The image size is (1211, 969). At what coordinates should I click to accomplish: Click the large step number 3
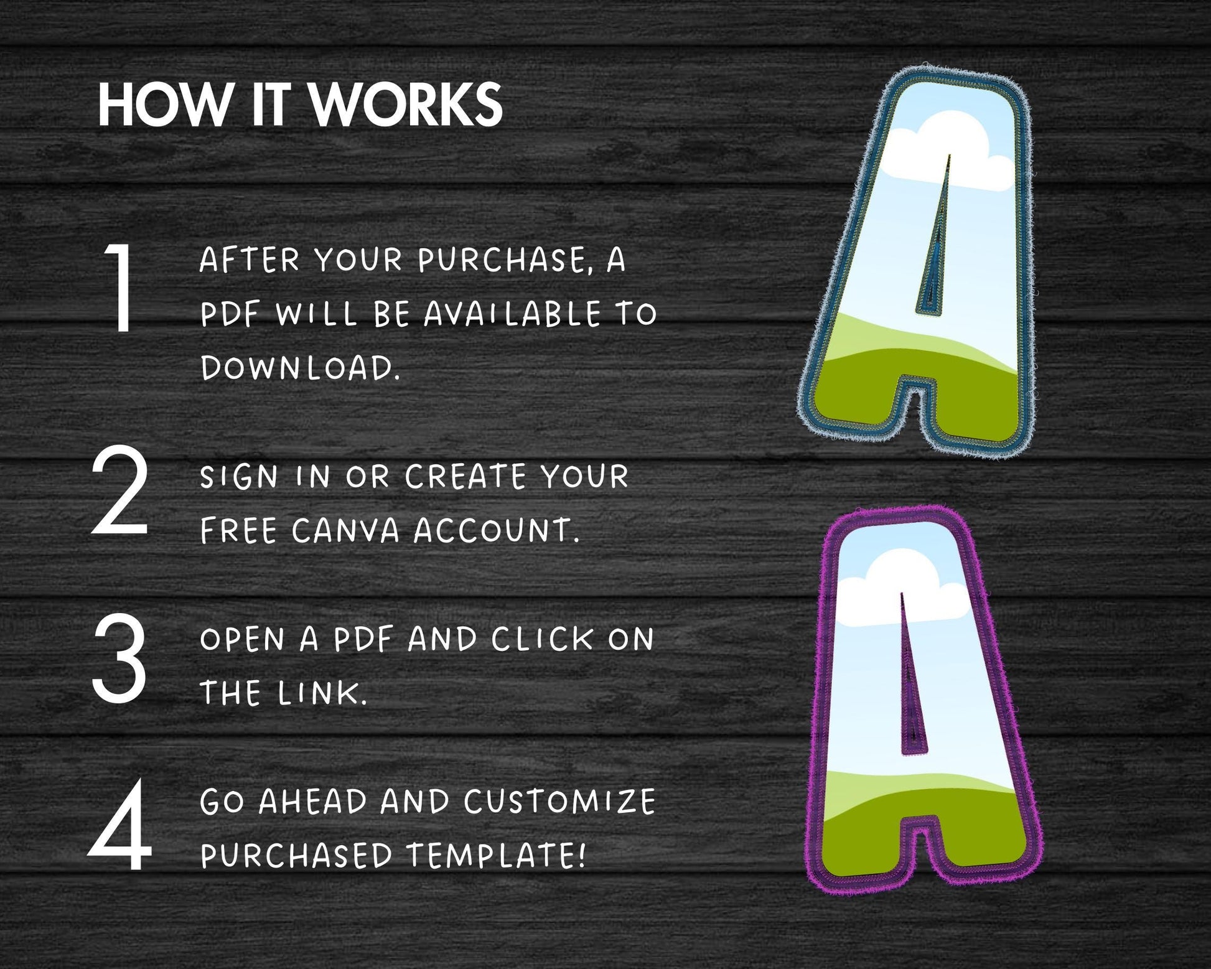[x=119, y=659]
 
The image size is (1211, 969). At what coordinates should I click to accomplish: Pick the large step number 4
[x=120, y=826]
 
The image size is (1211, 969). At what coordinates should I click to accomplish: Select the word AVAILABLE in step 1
[x=512, y=314]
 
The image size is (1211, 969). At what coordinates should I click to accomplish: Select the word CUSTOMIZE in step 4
[x=560, y=802]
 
